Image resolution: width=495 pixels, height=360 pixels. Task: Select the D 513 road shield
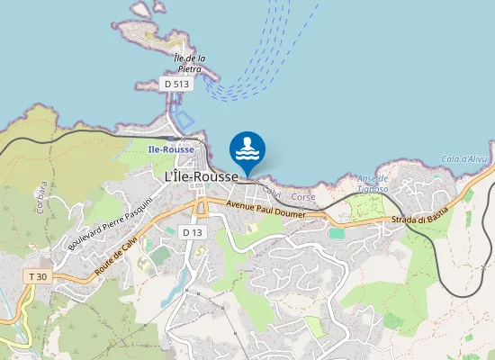[x=177, y=84]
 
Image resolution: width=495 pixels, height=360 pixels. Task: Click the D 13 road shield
[x=191, y=232]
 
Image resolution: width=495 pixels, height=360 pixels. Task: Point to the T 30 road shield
[x=37, y=276]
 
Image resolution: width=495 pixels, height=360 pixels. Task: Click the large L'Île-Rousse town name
[x=202, y=178]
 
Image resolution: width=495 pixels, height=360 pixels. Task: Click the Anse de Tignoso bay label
[x=372, y=184]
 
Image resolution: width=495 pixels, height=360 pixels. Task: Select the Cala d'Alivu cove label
[x=461, y=159]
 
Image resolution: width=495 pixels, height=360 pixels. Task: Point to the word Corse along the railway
[x=304, y=196]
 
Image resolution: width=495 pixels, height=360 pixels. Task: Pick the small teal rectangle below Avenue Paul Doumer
[x=337, y=233]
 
